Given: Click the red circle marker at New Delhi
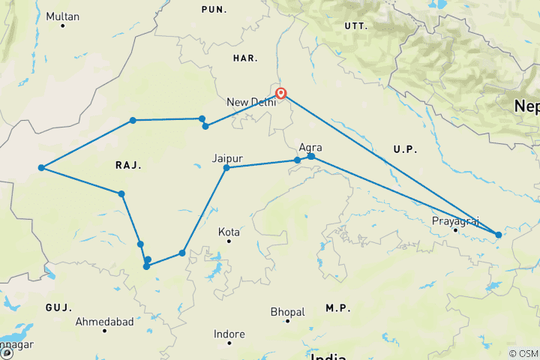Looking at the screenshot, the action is pos(281,94).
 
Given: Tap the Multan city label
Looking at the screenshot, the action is pos(61,16).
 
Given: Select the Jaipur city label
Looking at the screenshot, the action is pos(226,158).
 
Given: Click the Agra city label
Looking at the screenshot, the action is pos(310,147).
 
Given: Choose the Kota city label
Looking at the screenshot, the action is pos(229,232).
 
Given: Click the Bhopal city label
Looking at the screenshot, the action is pos(288,311).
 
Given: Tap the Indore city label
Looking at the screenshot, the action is pos(229,334).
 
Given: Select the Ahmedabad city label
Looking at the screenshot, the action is pos(104,322).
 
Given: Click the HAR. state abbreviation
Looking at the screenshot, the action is pos(245,57).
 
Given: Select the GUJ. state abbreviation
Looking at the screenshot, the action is pos(58,307).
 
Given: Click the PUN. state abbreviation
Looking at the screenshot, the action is pos(214,8).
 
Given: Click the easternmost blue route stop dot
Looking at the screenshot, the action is pos(498,235).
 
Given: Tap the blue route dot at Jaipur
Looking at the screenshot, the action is pos(226,168).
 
